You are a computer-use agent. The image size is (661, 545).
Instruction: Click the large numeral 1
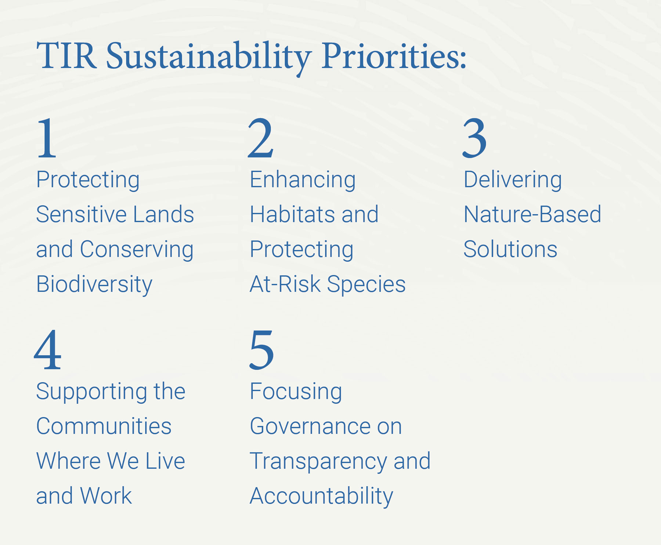47,138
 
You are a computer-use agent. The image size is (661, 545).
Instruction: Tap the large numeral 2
261,138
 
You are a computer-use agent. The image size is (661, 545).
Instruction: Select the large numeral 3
474,138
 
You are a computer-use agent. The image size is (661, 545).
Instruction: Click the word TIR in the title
66,56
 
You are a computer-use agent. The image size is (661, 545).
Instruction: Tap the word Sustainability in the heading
209,57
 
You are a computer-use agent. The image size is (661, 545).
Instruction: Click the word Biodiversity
94,284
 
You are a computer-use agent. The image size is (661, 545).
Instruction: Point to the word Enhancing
303,180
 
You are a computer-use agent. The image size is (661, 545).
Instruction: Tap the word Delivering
513,180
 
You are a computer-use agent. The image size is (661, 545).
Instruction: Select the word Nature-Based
532,214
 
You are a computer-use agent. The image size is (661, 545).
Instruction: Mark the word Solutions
510,249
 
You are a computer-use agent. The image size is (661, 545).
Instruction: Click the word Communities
104,426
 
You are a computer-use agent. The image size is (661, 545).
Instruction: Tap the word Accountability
321,496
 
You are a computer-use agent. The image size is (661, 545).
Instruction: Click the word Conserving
137,250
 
